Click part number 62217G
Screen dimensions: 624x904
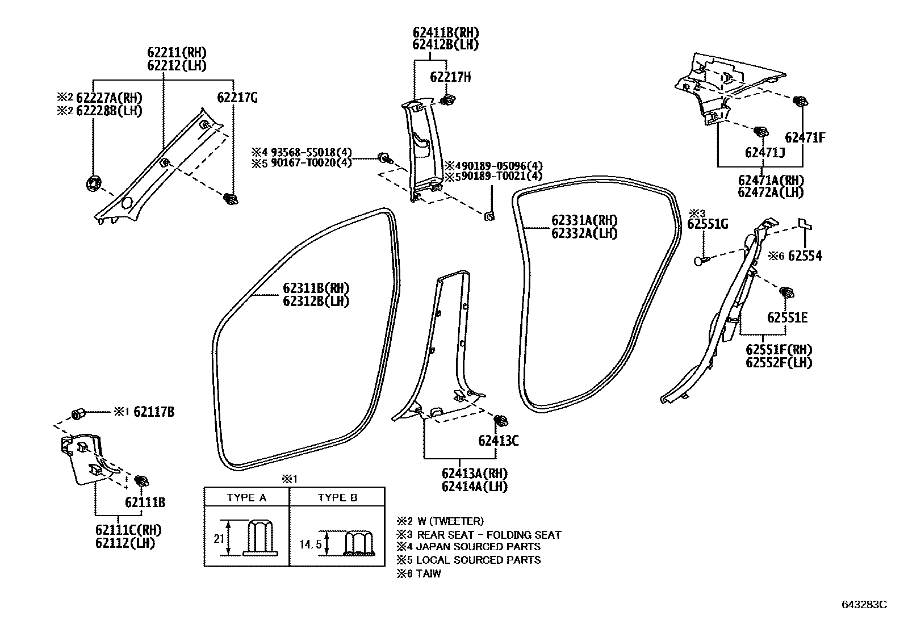(x=237, y=98)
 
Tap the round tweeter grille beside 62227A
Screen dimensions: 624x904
(x=93, y=184)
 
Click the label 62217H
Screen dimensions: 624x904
(x=450, y=77)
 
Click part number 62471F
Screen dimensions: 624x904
(x=805, y=137)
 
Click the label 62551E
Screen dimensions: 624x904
(x=787, y=317)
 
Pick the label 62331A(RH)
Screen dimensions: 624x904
(x=584, y=220)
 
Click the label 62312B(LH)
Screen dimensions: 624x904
(x=316, y=301)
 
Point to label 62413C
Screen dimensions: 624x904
(x=498, y=440)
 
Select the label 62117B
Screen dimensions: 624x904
(x=153, y=412)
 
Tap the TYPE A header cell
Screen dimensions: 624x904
(x=246, y=497)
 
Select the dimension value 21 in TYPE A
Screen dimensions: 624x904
(x=219, y=538)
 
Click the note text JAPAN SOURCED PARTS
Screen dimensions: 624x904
(x=478, y=547)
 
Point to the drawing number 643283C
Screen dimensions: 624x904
(x=864, y=605)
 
